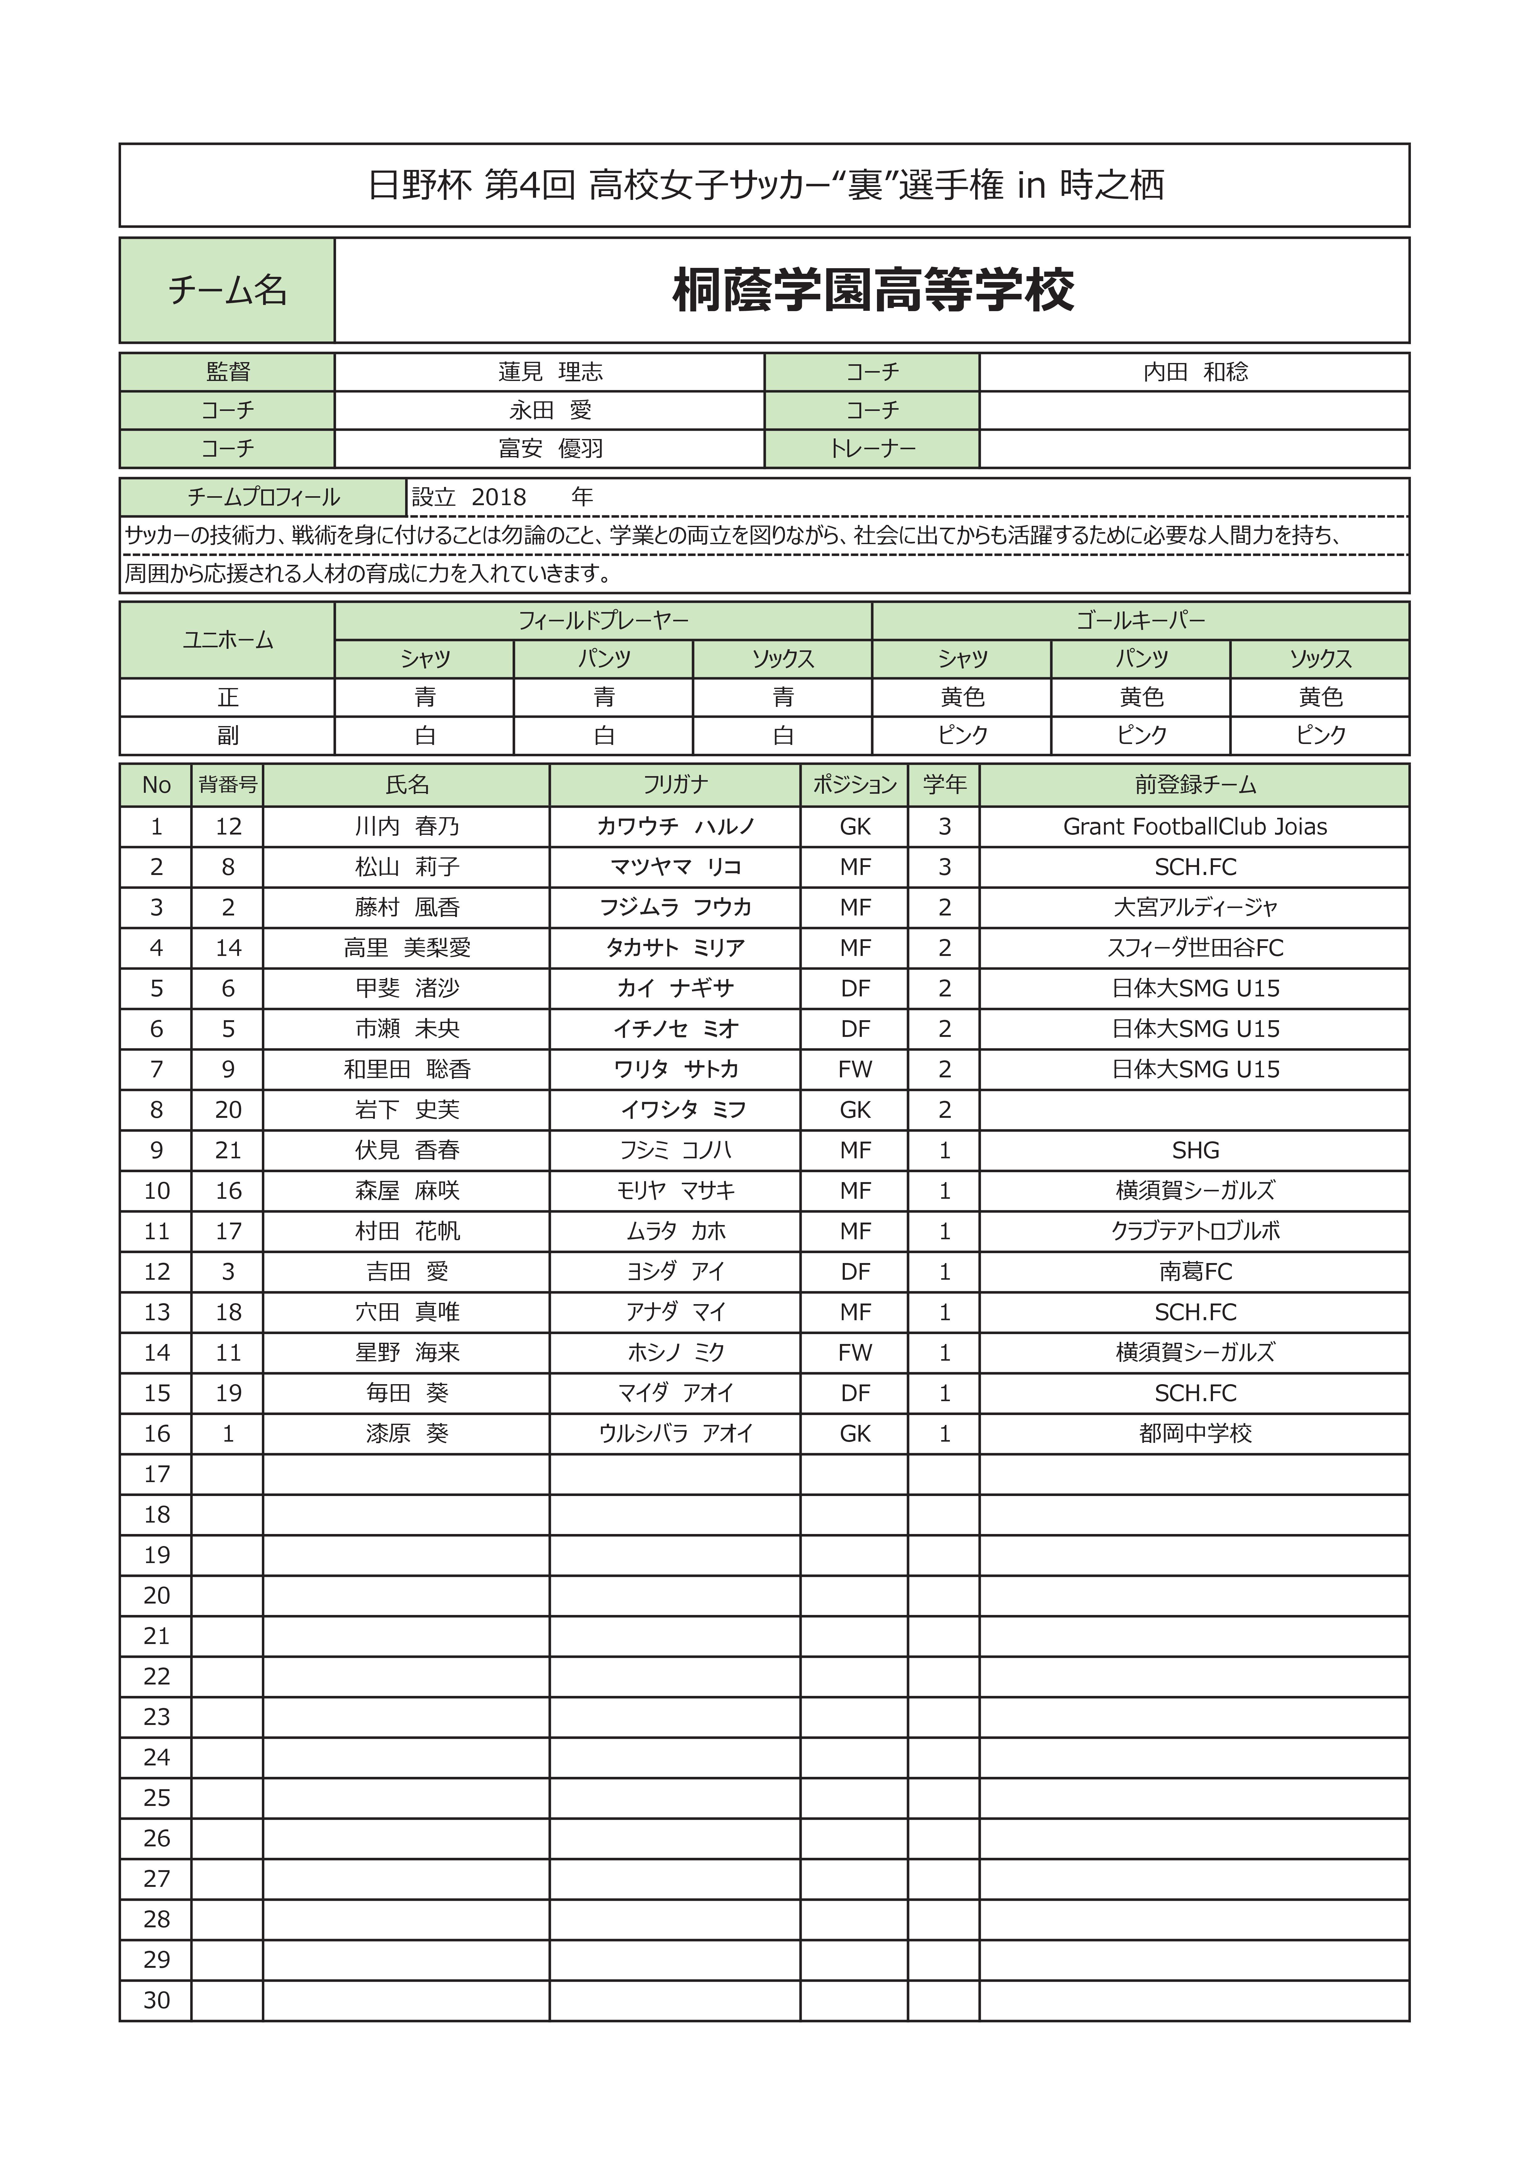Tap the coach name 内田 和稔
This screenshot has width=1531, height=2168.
pos(1195,372)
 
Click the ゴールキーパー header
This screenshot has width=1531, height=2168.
pos(1140,620)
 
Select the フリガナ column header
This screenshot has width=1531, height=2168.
pos(675,785)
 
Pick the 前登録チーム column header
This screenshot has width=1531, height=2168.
pos(1195,785)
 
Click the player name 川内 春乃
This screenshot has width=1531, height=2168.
pos(407,826)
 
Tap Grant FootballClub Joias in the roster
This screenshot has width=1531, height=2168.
pos(1195,826)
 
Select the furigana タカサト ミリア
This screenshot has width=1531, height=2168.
pos(675,948)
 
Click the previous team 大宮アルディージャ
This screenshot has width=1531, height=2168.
pos(1195,907)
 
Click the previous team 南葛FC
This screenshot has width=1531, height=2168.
pos(1195,1272)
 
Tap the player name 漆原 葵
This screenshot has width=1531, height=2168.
pos(407,1433)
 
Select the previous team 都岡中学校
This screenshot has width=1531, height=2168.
pos(1195,1433)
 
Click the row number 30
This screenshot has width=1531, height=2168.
pos(157,2000)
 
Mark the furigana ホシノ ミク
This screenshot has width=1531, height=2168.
pos(675,1352)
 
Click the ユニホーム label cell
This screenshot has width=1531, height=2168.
pos(228,640)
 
